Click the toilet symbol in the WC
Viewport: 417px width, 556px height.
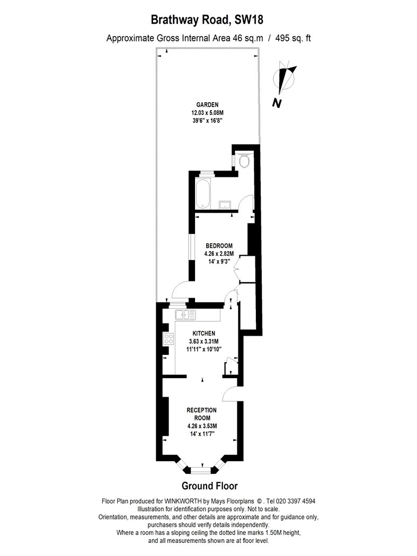[x=244, y=160]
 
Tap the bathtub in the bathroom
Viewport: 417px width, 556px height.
[x=203, y=193]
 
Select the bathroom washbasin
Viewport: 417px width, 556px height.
[x=225, y=204]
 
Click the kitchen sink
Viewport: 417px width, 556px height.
[x=185, y=314]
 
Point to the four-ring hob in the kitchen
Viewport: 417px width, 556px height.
[x=168, y=339]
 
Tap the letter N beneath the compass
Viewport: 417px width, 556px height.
[x=277, y=103]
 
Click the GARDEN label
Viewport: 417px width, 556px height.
[x=207, y=105]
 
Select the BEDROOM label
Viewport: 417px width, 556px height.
[x=219, y=246]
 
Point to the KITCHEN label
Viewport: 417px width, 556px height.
[x=203, y=333]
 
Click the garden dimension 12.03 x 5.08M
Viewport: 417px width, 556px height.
[x=208, y=113]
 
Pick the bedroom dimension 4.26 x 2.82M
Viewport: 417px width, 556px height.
[x=219, y=254]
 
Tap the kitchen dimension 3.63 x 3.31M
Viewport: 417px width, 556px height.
[x=203, y=342]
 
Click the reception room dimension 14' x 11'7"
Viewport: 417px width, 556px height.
[x=202, y=434]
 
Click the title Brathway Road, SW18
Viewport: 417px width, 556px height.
[x=207, y=20]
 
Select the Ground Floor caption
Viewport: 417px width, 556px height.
[x=209, y=486]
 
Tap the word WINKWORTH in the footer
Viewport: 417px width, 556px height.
[x=183, y=501]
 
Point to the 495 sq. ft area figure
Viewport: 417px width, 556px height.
[x=293, y=38]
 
